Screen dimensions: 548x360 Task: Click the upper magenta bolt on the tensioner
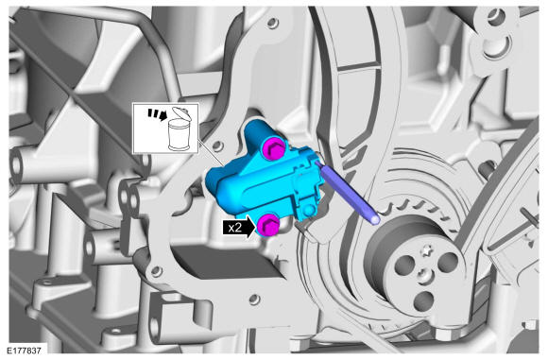pyautogui.click(x=274, y=148)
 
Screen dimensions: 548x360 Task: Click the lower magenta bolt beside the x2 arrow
pyautogui.click(x=268, y=225)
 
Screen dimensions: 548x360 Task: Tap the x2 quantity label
pyautogui.click(x=235, y=228)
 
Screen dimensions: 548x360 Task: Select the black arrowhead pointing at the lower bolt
pyautogui.click(x=250, y=227)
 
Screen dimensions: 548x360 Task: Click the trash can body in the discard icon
pyautogui.click(x=180, y=135)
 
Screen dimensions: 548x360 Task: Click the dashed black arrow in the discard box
pyautogui.click(x=157, y=114)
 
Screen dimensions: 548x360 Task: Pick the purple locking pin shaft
pyautogui.click(x=346, y=191)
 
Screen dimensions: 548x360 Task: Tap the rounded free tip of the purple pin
pyautogui.click(x=375, y=219)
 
